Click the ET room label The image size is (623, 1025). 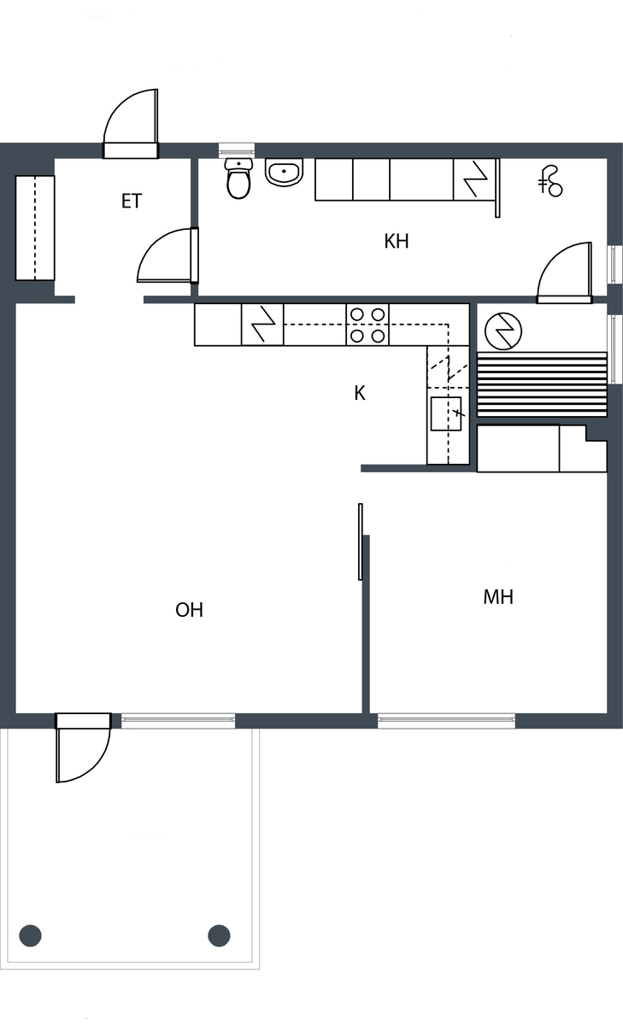click(132, 202)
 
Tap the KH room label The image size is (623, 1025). click(397, 241)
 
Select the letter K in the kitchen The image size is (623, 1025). click(360, 393)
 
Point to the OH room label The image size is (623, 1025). click(189, 610)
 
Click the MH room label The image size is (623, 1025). click(498, 597)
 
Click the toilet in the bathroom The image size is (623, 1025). click(238, 179)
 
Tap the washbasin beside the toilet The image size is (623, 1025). click(285, 173)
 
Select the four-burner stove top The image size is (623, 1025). click(367, 325)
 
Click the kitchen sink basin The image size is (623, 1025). click(446, 414)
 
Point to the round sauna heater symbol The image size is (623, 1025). click(503, 331)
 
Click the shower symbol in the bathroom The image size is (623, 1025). click(550, 181)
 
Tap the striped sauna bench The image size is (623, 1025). click(542, 384)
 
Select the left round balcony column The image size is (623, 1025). click(30, 935)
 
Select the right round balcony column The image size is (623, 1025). click(219, 935)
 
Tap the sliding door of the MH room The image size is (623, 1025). click(361, 542)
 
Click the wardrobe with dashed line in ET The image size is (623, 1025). click(35, 227)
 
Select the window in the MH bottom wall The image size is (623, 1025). click(446, 721)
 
